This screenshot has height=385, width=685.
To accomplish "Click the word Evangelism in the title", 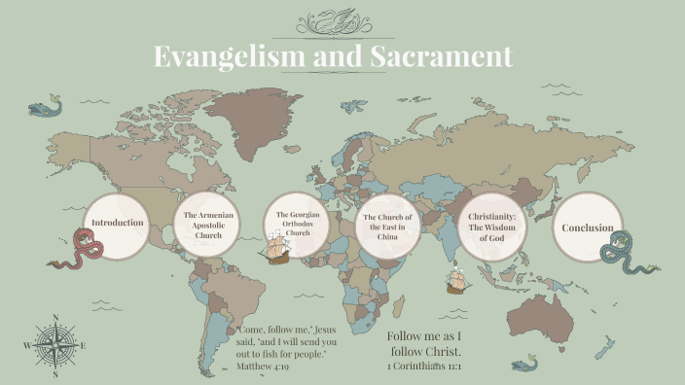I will click(229, 56).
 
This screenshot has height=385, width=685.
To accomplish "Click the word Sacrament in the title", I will click(441, 56).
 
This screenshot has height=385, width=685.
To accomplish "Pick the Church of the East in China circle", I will click(387, 226).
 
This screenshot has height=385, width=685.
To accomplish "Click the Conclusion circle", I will click(588, 227).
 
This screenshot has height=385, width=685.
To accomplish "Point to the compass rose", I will click(55, 345).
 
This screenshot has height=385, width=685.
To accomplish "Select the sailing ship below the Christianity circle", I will click(456, 282).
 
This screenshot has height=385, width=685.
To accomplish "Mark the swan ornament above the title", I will click(344, 21).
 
